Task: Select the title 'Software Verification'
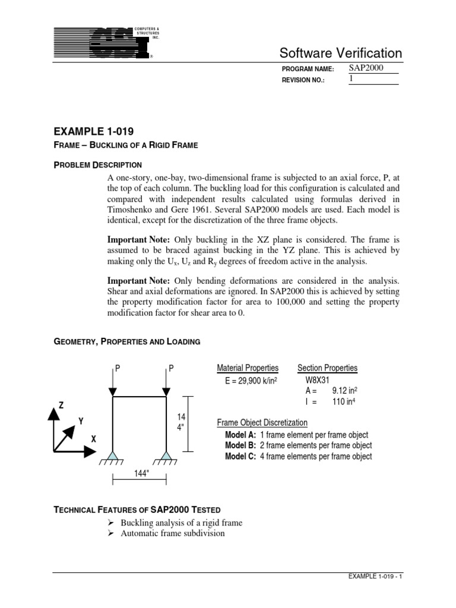344,53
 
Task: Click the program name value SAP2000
366,68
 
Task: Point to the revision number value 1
351,79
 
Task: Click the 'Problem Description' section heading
98,164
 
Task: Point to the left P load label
118,368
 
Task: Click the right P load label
171,368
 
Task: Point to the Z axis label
61,405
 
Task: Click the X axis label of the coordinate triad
93,438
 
